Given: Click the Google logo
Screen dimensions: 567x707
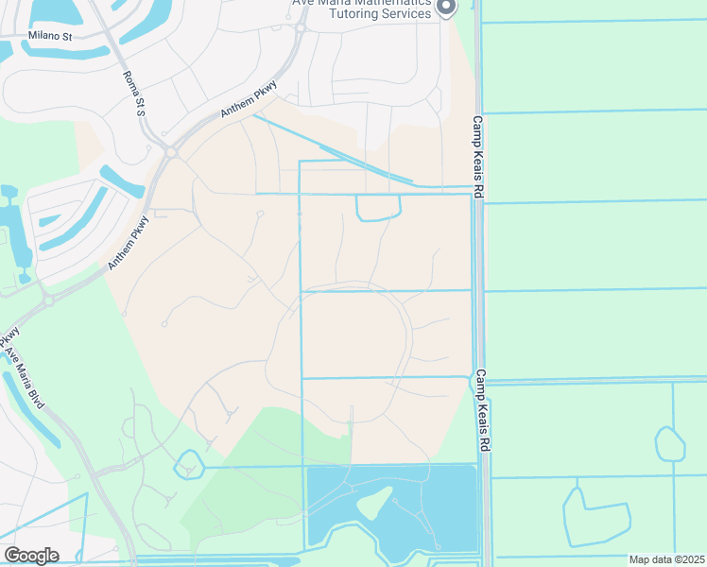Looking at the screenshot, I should click(31, 556).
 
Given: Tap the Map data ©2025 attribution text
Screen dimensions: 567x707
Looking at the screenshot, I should click(666, 559).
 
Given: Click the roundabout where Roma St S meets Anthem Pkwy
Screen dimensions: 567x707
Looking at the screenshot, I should click(171, 151).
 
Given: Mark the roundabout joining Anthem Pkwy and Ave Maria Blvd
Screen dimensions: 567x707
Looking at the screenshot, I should click(46, 300).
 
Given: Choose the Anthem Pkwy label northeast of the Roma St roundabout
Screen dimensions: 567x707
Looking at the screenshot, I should click(250, 99).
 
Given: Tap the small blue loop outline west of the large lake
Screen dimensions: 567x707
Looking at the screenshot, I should click(190, 464).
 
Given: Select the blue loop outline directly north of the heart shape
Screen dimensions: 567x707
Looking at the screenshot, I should click(669, 443).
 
